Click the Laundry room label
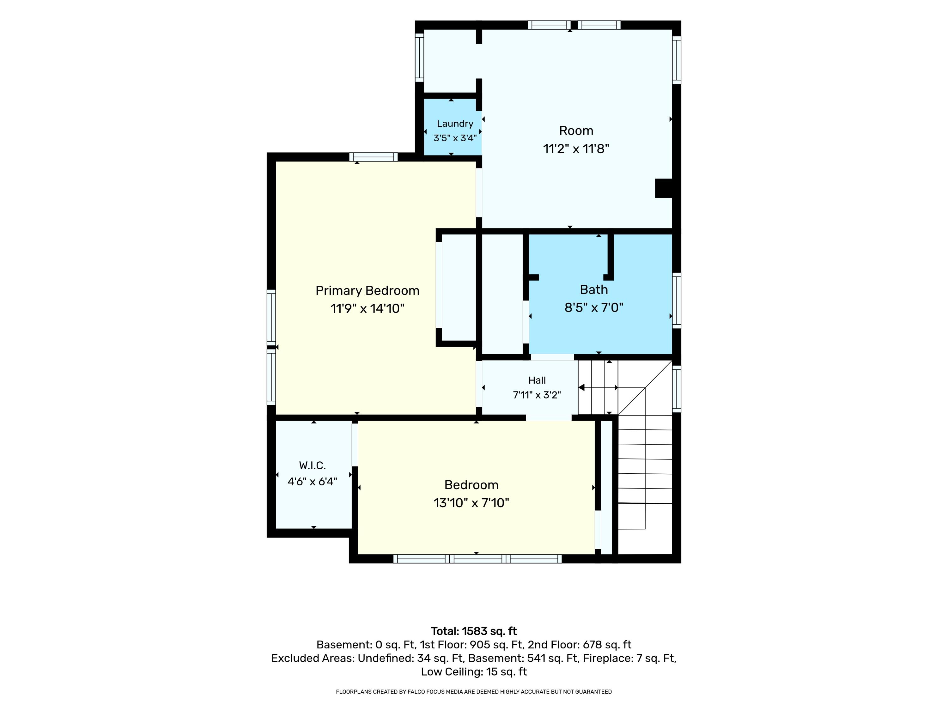pyautogui.click(x=455, y=124)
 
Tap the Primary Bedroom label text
pyautogui.click(x=367, y=291)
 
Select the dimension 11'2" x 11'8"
pyautogui.click(x=576, y=149)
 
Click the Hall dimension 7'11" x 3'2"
pyautogui.click(x=537, y=395)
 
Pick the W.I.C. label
pyautogui.click(x=313, y=465)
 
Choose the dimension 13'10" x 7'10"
pyautogui.click(x=471, y=502)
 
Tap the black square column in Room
pyautogui.click(x=663, y=188)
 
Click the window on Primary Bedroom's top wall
pyautogui.click(x=373, y=157)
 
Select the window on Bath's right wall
pyautogui.click(x=676, y=301)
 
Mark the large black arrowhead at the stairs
pyautogui.click(x=581, y=387)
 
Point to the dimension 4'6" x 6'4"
pyautogui.click(x=313, y=481)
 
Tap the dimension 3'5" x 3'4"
pyautogui.click(x=455, y=138)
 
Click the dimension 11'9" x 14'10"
pyautogui.click(x=367, y=308)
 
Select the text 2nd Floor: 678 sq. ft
pyautogui.click(x=580, y=645)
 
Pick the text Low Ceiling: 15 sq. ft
pyautogui.click(x=474, y=671)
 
